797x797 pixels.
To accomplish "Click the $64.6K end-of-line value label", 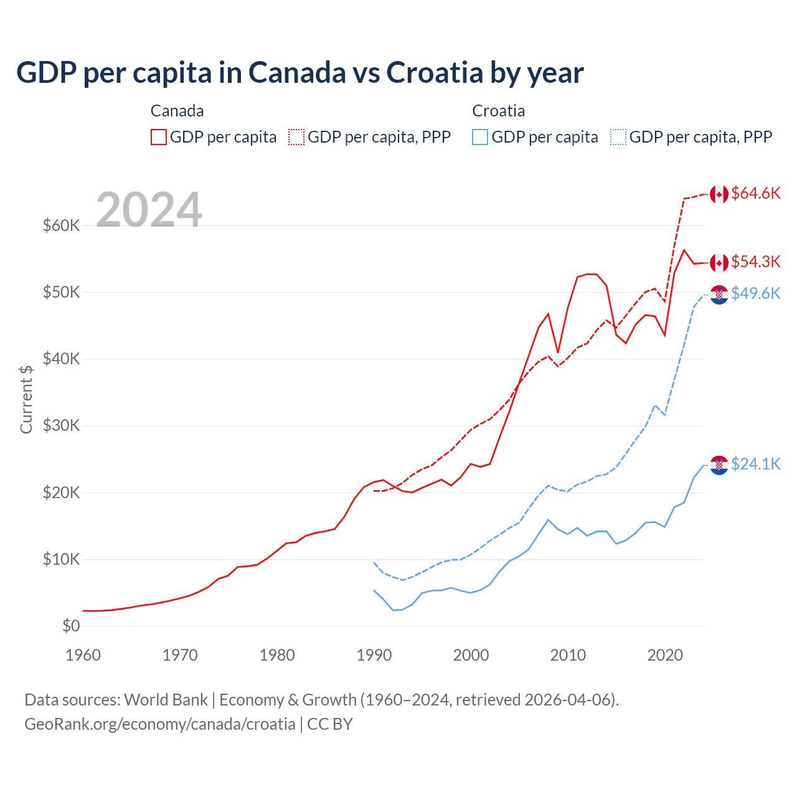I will pos(755,194).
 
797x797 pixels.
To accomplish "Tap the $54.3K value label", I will pos(755,262).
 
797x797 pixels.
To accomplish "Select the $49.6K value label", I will pos(755,293).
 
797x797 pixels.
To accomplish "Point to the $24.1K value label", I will pos(755,464).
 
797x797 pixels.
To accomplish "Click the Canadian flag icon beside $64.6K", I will pos(719,194).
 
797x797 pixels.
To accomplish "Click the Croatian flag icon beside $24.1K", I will pos(719,465).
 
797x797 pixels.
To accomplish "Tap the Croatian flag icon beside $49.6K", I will pos(719,294).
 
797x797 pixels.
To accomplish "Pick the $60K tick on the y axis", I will pos(61,225).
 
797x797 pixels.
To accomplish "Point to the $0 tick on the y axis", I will pos(71,626).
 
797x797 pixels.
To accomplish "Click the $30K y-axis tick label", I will pos(61,426).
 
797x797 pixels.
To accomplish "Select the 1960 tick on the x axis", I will pos(83,655).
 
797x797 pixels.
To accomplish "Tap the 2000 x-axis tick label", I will pos(471,655).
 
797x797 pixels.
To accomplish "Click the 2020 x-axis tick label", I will pos(665,655).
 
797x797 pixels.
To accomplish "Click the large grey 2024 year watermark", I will pos(149,210).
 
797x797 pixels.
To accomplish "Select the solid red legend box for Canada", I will pos(159,137).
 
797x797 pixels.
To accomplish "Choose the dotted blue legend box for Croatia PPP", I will pos(618,137).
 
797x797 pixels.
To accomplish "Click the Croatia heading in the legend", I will pos(498,111).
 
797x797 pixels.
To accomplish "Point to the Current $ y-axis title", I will pos(26,399).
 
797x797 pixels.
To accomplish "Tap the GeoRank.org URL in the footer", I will pos(160,724).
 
